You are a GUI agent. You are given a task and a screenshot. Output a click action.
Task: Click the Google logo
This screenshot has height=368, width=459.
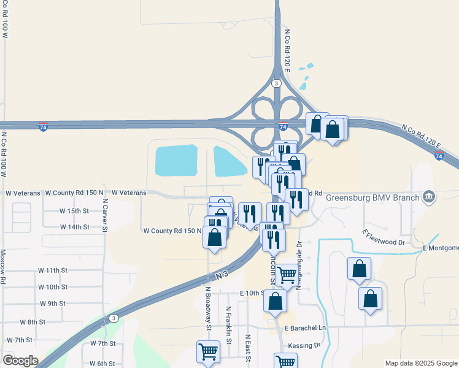click(20, 361)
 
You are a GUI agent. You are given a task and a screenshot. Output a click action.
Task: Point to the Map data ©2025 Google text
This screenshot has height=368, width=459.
click(421, 363)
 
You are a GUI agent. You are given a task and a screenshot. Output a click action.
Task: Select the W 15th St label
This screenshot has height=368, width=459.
click(74, 210)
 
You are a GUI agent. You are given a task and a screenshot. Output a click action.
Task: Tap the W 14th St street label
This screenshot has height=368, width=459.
click(74, 227)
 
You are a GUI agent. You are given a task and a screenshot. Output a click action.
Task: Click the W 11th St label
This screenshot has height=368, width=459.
click(52, 270)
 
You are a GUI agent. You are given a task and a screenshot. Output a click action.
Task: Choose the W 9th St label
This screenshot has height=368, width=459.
click(52, 303)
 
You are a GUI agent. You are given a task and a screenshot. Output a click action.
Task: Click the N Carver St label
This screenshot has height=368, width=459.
click(105, 215)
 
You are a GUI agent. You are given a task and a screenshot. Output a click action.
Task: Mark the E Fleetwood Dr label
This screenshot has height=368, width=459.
click(384, 238)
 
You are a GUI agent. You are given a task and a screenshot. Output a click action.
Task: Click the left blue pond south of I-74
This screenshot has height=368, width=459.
click(176, 160)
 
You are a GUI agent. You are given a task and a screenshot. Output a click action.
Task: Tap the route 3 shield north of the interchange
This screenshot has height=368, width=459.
click(277, 83)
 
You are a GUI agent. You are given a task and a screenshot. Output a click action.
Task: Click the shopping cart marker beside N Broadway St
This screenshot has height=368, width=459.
click(208, 352)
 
